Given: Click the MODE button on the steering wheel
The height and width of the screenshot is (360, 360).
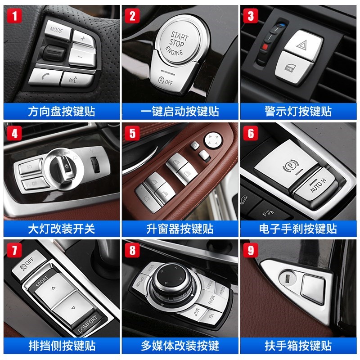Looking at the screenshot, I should (x=56, y=31).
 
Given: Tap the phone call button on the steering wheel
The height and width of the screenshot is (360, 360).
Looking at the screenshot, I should (x=44, y=76).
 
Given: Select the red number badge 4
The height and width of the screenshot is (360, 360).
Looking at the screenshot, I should (x=14, y=133).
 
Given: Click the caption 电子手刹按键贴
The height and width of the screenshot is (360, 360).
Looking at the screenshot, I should (x=299, y=228).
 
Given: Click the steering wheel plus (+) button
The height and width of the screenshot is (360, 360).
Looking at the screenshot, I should (x=83, y=38).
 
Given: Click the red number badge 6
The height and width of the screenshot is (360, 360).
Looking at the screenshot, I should (x=251, y=133).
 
